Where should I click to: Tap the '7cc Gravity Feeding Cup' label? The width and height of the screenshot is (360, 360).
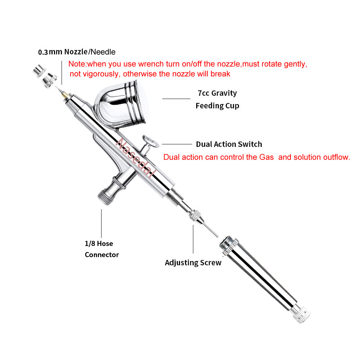(217, 99)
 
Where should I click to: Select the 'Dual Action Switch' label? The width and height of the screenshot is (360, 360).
(229, 144)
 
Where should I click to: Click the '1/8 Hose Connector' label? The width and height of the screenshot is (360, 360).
(102, 249)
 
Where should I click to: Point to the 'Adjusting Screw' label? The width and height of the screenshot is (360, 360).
(193, 263)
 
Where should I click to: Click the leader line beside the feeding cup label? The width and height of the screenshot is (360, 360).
(176, 98)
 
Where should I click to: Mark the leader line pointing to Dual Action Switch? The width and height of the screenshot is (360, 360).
(177, 144)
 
